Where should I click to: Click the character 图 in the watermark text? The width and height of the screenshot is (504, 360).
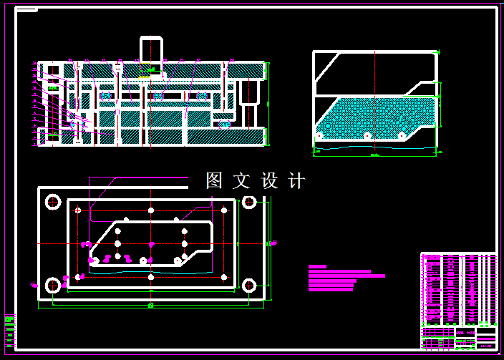pos(214,180)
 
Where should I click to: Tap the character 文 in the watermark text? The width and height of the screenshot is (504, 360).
pos(241,180)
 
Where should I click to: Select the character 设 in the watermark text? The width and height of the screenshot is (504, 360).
pos(269,180)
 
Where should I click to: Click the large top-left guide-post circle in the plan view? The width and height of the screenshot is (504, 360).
pos(52,202)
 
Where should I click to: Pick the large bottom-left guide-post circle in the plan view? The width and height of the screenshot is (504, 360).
pos(52,286)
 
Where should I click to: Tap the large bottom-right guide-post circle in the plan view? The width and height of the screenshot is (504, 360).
pos(249,286)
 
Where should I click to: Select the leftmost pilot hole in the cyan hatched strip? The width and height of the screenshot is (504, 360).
pos(319,135)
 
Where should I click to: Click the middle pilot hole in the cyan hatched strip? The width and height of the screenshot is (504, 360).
pos(367,135)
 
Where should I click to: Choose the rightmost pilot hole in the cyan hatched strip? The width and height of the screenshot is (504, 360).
pos(402,135)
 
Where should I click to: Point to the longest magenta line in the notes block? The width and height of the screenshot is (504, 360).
pos(346,276)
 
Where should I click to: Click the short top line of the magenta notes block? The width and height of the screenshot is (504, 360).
pos(317,266)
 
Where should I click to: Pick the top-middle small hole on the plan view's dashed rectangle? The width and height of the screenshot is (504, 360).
pos(150,210)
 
